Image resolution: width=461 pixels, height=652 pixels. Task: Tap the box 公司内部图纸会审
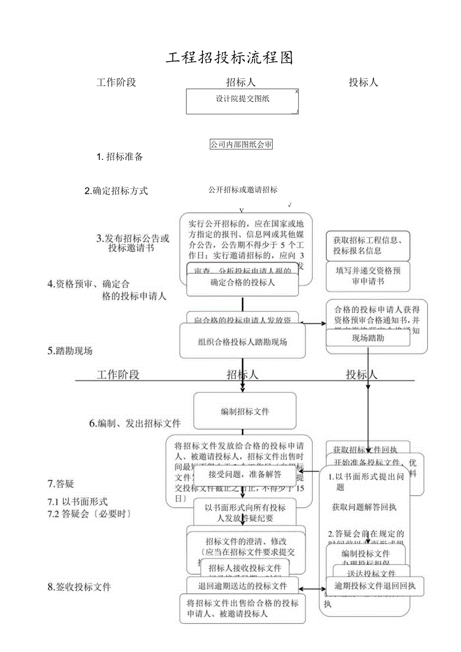pos(241,144)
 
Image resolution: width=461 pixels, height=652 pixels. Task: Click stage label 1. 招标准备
pos(120,157)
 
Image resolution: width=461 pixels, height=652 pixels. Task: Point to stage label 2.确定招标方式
pos(116,191)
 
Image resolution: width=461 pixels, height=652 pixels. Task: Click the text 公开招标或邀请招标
pos(243,190)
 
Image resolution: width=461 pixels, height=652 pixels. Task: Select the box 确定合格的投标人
pos(243,283)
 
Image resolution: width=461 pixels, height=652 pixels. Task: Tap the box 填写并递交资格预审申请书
pos(368,276)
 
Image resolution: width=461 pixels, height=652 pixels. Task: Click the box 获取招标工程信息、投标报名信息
pos(368,246)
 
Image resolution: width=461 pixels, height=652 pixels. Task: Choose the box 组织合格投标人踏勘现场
pos(243,343)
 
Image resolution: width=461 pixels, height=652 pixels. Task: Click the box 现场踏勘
pos(368,338)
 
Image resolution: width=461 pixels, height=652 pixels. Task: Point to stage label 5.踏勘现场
pos(70,351)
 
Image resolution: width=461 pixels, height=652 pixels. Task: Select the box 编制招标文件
pos(245,411)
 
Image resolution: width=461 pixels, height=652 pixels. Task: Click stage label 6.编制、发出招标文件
pos(135,423)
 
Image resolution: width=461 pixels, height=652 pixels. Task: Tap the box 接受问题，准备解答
pos(245,474)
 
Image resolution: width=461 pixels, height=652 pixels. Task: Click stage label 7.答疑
pos(61,484)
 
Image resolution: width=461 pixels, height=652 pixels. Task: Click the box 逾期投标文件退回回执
pos(375,586)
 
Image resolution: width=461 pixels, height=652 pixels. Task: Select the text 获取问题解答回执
pos(364,507)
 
